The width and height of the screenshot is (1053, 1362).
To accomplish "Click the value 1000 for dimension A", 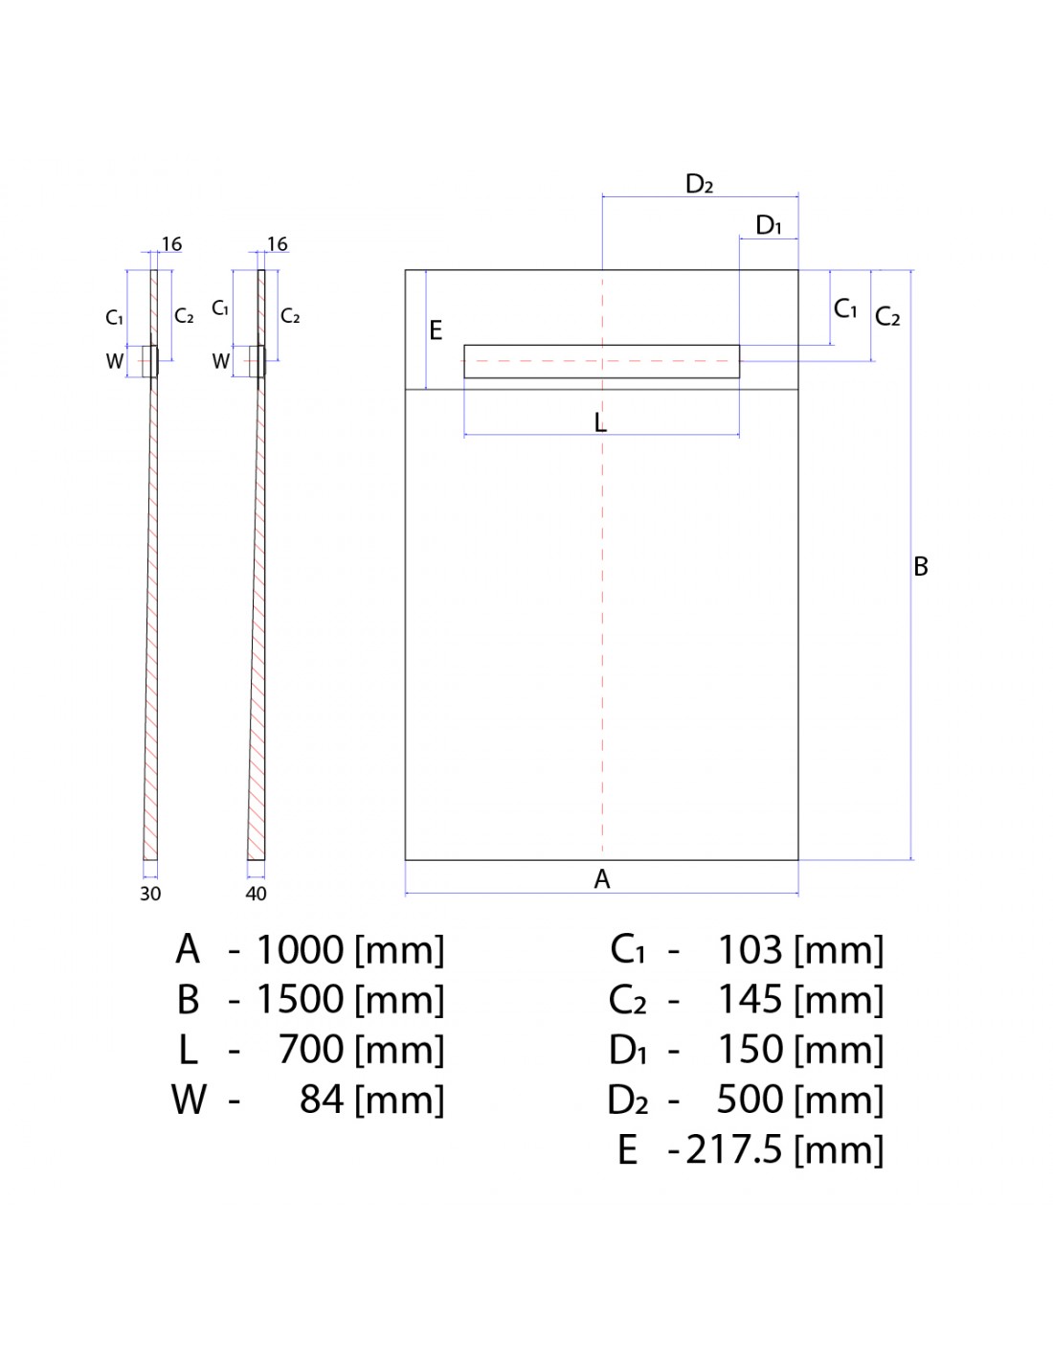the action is click(x=300, y=949).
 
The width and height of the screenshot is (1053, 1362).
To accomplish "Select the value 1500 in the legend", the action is click(x=300, y=999).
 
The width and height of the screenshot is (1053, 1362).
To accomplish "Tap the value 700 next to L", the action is click(x=311, y=1049).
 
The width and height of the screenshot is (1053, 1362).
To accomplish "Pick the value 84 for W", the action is click(x=322, y=1099).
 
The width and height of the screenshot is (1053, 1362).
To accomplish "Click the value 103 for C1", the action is click(x=750, y=949).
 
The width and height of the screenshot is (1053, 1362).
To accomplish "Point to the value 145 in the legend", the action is click(x=750, y=999).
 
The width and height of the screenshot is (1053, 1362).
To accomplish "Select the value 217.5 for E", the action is click(x=734, y=1149).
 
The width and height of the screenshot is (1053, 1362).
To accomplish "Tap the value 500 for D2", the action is click(x=750, y=1099).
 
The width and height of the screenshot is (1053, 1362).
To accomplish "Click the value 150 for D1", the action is click(x=750, y=1049).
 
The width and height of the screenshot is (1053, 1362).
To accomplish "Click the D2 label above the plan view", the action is click(x=699, y=184).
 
